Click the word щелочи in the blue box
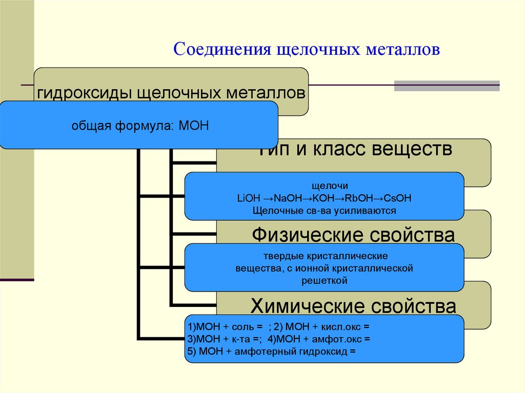click(324, 186)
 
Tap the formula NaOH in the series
click(290, 198)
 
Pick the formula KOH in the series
click(327, 198)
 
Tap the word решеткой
click(324, 280)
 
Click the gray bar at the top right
click(447, 86)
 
